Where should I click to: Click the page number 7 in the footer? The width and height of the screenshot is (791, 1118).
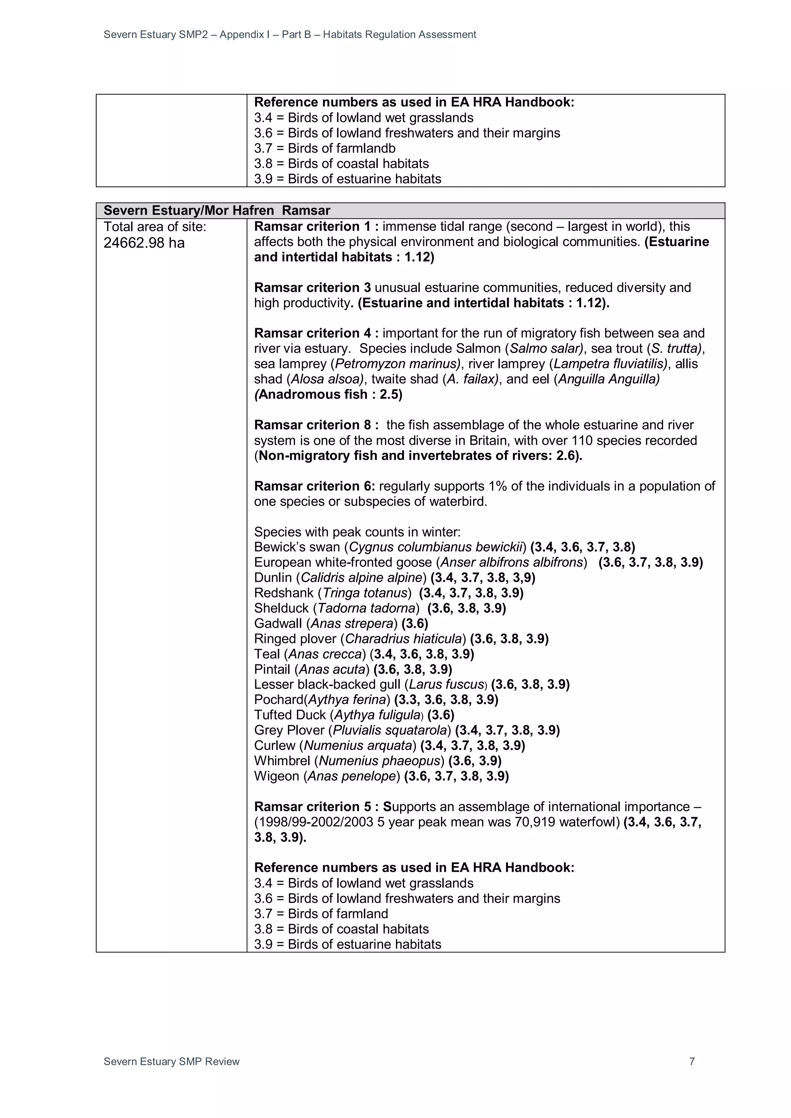(x=692, y=1062)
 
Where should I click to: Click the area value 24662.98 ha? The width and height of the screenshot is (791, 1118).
(x=144, y=242)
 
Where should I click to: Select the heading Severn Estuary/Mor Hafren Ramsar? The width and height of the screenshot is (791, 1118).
(x=217, y=210)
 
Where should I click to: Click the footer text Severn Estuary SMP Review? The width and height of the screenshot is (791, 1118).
(x=171, y=1062)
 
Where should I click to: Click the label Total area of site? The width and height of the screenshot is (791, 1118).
(x=155, y=227)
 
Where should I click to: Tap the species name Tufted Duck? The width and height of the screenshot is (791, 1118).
(x=290, y=715)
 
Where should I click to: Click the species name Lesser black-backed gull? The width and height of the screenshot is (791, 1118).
(x=327, y=684)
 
